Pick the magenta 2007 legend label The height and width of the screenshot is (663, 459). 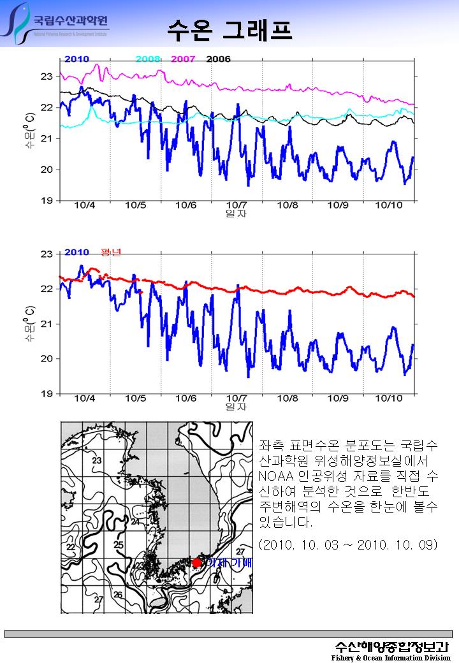pos(183,59)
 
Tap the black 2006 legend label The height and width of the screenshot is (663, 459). pos(218,59)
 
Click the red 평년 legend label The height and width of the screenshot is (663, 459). pos(111,252)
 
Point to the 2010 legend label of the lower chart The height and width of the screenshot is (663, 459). pos(76,252)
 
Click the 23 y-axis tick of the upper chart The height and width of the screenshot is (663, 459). pos(46,76)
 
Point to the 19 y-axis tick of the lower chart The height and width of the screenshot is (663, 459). pos(46,394)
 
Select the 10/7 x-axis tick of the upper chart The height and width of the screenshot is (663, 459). pos(237,205)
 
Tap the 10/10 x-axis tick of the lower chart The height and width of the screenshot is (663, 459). pos(388,398)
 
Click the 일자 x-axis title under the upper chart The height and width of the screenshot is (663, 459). pos(237,214)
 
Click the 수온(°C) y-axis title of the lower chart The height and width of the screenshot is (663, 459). pos(29,324)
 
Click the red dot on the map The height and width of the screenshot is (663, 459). pos(196,563)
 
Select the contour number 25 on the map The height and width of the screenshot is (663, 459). pos(118,545)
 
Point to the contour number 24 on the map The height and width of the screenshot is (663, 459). pos(135,521)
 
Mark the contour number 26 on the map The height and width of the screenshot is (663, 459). pos(118,595)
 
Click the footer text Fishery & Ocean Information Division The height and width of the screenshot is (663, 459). pos(391,657)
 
